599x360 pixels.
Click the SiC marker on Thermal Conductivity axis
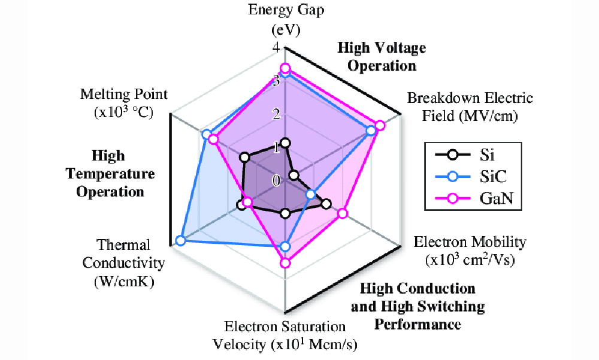click(181, 241)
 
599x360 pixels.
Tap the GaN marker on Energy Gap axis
click(286, 68)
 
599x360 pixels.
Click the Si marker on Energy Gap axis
click(286, 143)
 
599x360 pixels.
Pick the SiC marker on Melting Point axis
click(206, 134)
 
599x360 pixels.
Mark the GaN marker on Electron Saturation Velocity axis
click(286, 262)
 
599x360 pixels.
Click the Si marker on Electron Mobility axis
click(326, 204)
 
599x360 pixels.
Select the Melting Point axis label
click(125, 102)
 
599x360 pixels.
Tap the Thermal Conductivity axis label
click(123, 263)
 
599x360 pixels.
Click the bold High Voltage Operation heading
click(382, 56)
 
